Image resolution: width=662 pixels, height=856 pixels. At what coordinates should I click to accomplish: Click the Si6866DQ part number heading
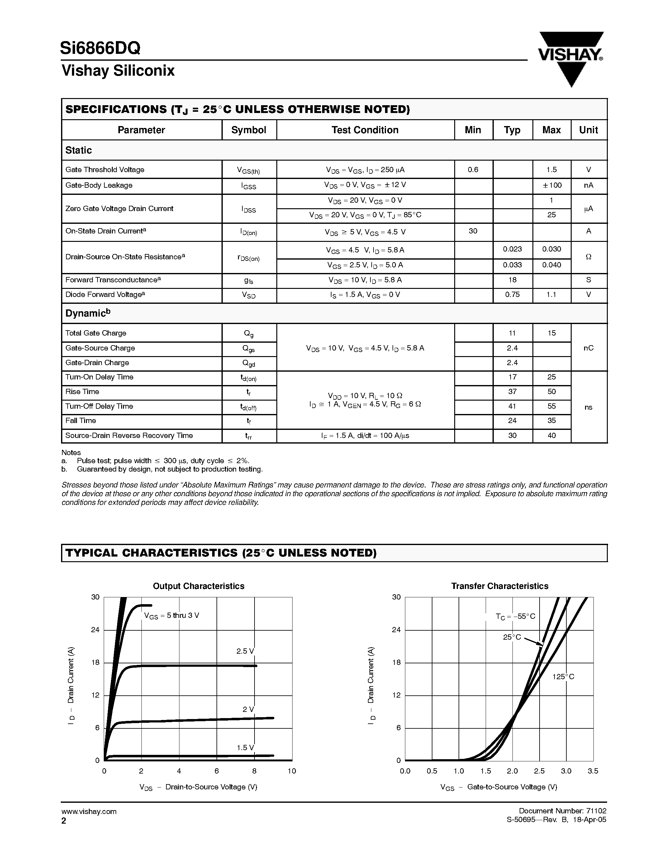(x=100, y=48)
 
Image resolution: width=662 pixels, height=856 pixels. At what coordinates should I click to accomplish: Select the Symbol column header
(x=249, y=130)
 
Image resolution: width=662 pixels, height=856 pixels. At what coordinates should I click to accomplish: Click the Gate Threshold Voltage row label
(x=105, y=170)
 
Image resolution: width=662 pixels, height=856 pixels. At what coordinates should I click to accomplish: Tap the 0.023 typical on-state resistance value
(x=512, y=249)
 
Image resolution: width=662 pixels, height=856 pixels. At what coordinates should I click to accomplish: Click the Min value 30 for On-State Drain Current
(x=473, y=231)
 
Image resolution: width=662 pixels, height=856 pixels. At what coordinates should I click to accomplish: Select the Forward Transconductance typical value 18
(x=512, y=280)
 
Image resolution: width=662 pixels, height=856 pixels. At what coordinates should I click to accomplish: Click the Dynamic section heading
(x=88, y=313)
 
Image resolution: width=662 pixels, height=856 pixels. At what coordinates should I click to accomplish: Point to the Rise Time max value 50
(x=551, y=392)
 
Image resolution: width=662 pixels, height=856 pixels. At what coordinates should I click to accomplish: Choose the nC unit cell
(x=588, y=348)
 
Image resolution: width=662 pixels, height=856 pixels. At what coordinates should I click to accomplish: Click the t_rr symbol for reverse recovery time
(x=248, y=436)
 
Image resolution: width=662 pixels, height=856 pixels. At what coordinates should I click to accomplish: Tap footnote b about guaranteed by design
(x=169, y=469)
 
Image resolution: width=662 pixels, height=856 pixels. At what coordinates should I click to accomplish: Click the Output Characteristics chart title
(x=198, y=586)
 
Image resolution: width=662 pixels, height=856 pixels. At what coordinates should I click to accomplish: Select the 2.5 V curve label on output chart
(x=245, y=651)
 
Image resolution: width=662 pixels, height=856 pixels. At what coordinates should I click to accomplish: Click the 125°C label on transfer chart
(x=563, y=677)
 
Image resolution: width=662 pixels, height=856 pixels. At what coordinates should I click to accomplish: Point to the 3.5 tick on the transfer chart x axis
(x=593, y=771)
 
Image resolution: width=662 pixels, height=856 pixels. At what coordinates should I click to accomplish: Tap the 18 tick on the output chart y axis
(x=95, y=663)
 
